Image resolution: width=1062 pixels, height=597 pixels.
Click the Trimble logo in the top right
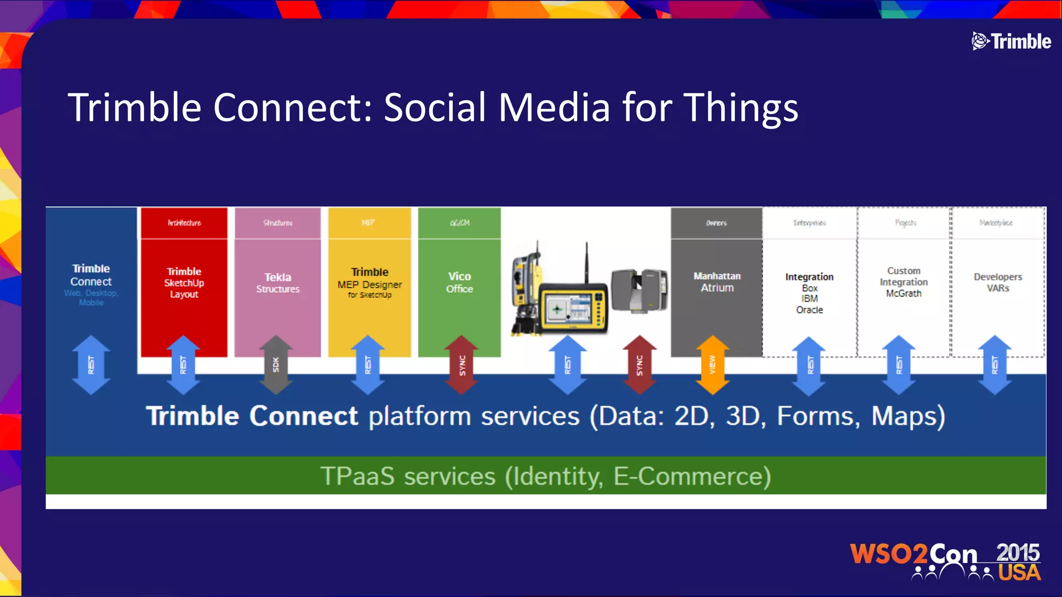1011,41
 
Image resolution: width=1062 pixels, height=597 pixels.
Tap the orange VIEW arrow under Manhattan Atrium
712,365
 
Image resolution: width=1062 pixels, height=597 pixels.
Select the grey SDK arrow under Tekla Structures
276,365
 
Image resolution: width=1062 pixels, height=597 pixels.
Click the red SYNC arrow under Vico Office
462,365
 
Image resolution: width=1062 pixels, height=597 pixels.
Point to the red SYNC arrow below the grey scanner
639,365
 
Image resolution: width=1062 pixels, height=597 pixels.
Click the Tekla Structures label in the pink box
278,283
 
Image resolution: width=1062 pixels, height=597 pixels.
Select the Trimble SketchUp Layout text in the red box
184,282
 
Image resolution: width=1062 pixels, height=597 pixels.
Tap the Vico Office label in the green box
459,282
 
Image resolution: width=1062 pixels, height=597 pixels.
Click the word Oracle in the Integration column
809,310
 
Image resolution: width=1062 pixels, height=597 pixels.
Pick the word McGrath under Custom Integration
904,293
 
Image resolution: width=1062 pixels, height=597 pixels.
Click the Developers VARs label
998,282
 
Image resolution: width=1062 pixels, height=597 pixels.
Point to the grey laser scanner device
639,290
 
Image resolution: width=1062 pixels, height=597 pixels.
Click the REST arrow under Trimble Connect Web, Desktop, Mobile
91,365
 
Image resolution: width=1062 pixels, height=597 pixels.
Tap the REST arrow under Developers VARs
995,365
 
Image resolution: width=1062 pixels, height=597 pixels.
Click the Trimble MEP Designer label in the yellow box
370,283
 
